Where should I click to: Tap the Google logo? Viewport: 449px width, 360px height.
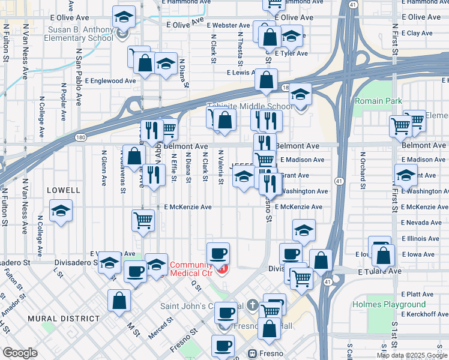coord(20,353)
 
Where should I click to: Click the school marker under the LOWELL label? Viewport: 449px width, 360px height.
coord(61,211)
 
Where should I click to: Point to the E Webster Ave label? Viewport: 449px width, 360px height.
coord(228,26)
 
